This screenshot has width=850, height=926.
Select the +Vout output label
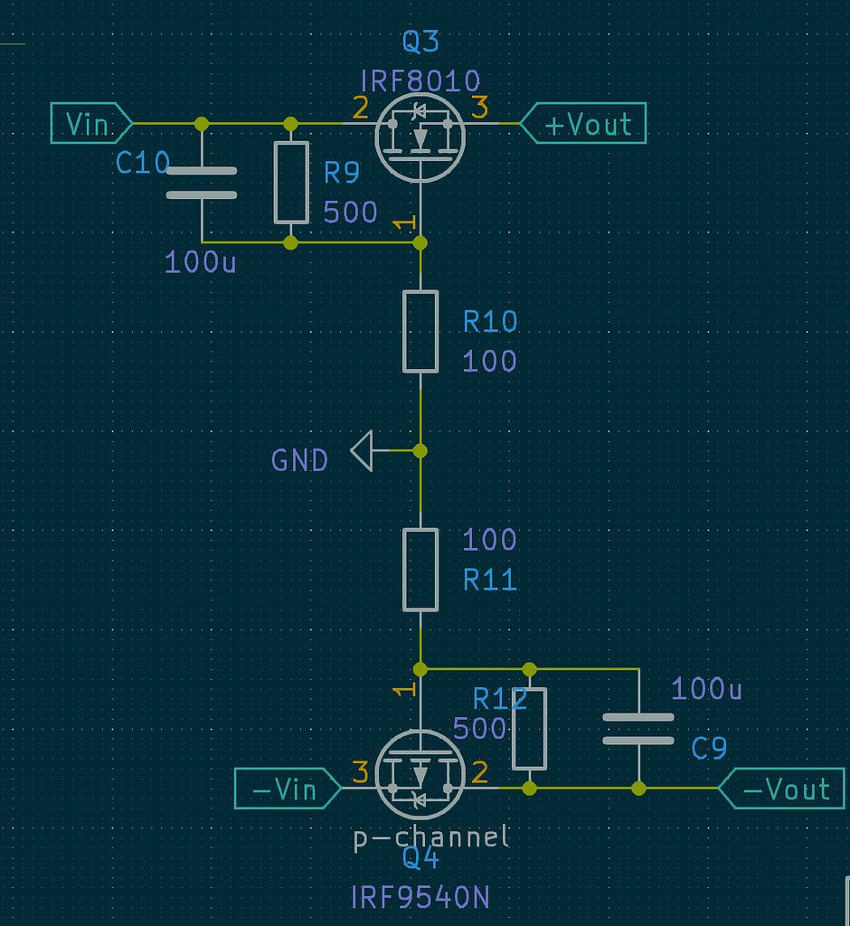pos(586,124)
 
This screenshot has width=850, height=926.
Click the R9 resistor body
pos(291,183)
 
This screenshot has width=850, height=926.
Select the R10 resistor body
pos(420,331)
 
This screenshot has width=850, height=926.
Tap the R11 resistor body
pos(420,570)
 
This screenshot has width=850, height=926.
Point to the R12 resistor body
pos(529,728)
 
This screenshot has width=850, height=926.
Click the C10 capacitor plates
pos(202,183)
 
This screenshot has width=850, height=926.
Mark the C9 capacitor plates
pos(638,728)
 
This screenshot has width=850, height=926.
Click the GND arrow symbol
pos(362,450)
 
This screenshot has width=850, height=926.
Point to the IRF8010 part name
pos(420,81)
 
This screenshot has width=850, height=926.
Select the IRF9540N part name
pos(420,897)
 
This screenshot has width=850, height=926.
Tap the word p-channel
pos(431,836)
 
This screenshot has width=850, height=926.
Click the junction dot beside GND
pos(420,450)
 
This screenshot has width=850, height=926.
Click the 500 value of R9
pos(350,212)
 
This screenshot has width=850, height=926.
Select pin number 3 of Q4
pos(360,773)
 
